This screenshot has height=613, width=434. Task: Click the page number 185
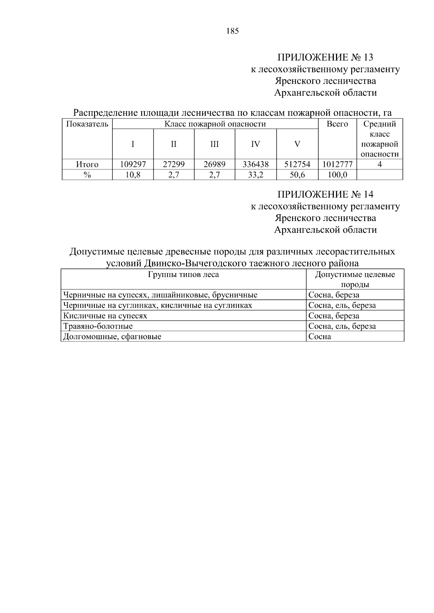[233, 31]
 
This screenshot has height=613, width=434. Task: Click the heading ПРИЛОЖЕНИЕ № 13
[325, 57]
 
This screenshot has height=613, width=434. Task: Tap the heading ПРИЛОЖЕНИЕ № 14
[325, 195]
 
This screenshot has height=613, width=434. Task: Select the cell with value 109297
[133, 164]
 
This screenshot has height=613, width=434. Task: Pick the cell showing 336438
[255, 164]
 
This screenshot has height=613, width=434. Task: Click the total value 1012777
[337, 164]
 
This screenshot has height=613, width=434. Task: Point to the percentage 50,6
[297, 175]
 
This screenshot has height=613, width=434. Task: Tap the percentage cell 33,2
[255, 175]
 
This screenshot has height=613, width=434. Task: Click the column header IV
[255, 144]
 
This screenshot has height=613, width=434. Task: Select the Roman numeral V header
[297, 144]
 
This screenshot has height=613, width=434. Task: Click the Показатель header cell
[87, 124]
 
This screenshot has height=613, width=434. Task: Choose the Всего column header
[337, 124]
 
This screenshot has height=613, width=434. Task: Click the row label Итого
[87, 164]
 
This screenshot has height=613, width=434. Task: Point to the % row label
[87, 175]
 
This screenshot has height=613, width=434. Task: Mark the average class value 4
[379, 164]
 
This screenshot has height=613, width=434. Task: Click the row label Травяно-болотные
[98, 326]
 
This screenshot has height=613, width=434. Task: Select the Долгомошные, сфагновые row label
[112, 337]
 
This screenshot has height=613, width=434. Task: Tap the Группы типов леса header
[183, 275]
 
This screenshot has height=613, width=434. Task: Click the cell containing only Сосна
[320, 337]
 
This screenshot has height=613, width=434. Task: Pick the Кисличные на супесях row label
[105, 316]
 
